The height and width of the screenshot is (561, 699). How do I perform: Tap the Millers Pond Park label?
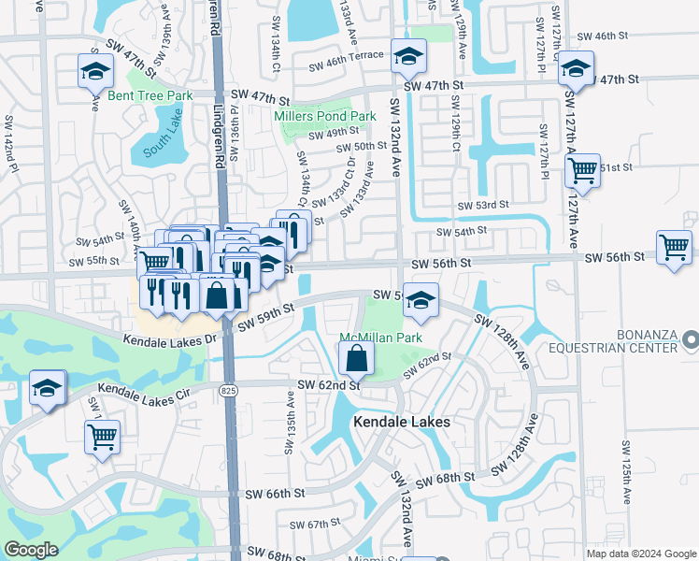coord(325,116)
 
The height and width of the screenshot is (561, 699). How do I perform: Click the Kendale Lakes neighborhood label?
coord(402,423)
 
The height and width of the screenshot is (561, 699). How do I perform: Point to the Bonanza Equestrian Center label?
coord(644,341)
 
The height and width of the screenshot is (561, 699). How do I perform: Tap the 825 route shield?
coord(227,389)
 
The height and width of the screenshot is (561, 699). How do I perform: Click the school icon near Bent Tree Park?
coord(95,71)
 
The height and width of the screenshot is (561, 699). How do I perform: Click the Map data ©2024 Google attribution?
coord(641,553)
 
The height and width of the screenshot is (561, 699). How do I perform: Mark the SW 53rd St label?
coord(483,205)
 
